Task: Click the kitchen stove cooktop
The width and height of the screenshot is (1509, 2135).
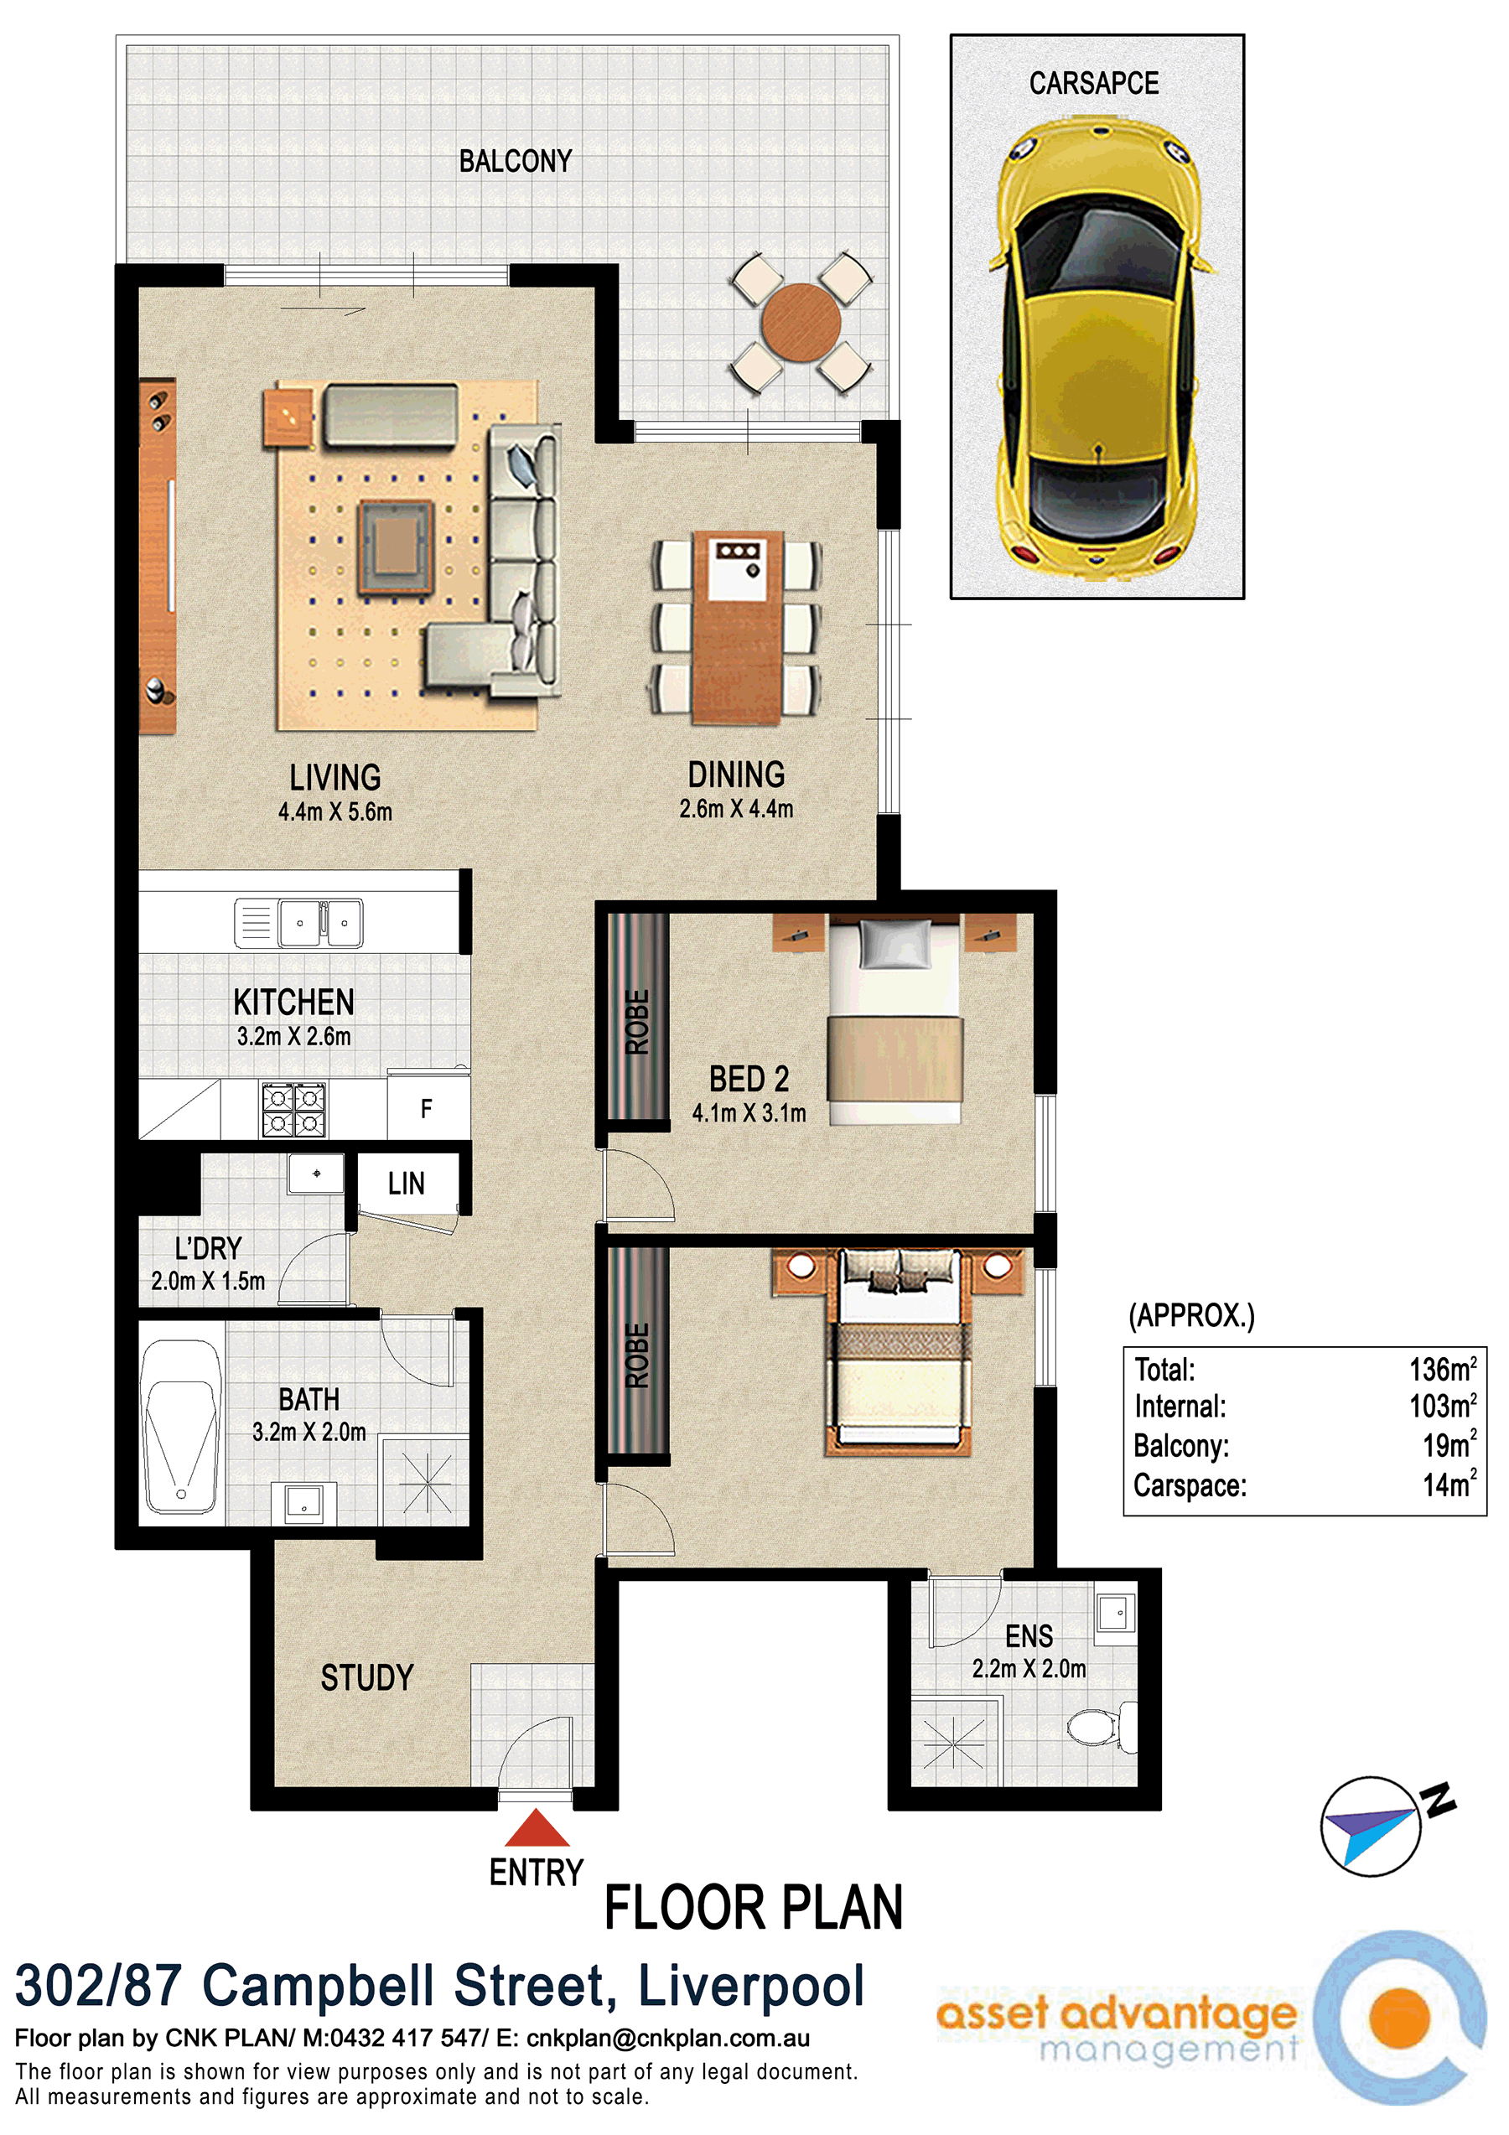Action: coord(293,1109)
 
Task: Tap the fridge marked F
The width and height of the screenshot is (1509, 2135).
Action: coord(428,1107)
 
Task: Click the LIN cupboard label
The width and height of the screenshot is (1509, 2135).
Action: coord(407,1184)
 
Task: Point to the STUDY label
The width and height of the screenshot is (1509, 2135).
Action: coord(367,1677)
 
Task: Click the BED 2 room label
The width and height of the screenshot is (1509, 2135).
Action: coord(749,1079)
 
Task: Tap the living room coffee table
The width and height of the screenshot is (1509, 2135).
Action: coord(396,547)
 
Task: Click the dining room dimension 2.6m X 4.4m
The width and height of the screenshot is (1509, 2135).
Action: coord(736,809)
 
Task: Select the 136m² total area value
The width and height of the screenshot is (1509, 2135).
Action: coord(1442,1369)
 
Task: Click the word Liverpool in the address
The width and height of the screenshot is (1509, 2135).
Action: coord(751,1985)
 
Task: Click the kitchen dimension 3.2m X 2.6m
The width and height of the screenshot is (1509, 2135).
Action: coord(293,1036)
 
